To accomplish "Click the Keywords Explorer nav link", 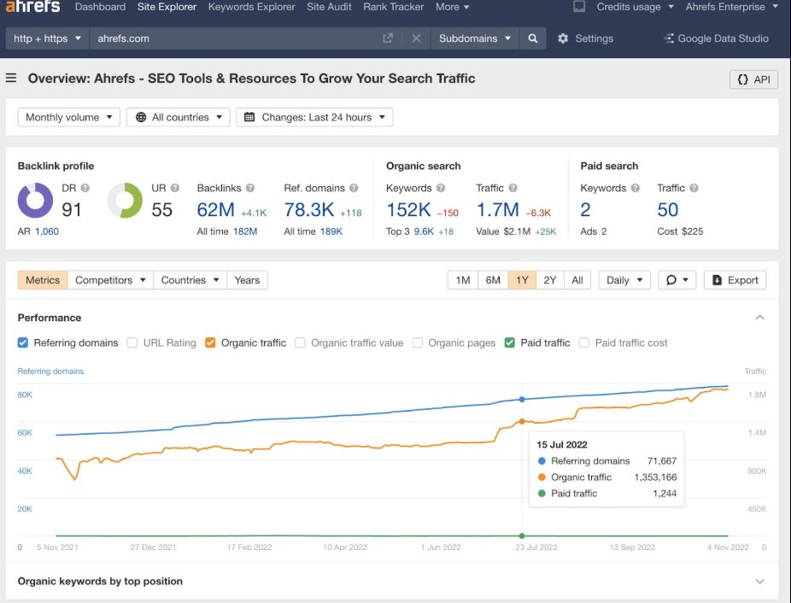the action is click(x=251, y=7).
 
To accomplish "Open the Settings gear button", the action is click(x=586, y=38).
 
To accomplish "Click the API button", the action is click(x=753, y=79).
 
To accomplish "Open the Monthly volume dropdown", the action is click(x=68, y=117).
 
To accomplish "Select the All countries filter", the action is click(x=178, y=117).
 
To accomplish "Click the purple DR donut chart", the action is click(x=35, y=201).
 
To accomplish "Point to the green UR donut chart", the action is click(x=125, y=201).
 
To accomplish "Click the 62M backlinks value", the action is click(x=215, y=209).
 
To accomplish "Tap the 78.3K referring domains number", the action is click(x=309, y=209).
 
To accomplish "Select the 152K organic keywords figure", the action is click(x=408, y=209).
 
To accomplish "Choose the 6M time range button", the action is click(x=493, y=280).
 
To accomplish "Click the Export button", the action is click(x=735, y=280).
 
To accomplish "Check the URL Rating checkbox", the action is click(x=132, y=342).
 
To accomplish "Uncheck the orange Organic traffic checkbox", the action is click(x=210, y=342).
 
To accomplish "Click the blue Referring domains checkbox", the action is click(x=23, y=342).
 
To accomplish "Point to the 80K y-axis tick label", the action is click(x=25, y=395).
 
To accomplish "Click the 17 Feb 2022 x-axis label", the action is click(x=249, y=547).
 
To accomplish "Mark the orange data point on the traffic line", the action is click(x=522, y=421).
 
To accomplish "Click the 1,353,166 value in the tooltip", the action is click(x=655, y=477).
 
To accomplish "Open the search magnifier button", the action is click(x=533, y=38).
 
